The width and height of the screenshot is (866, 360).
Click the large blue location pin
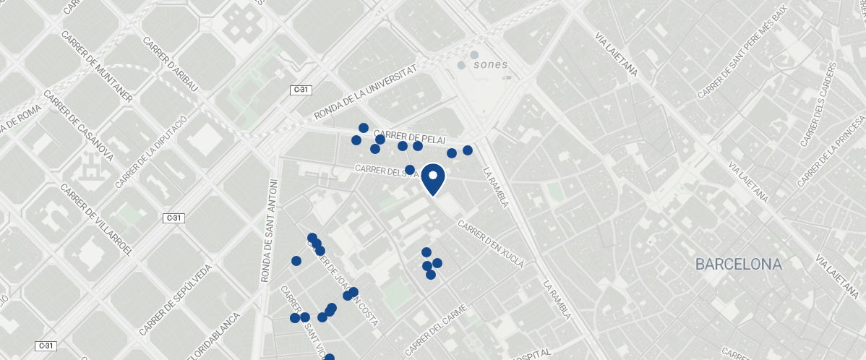click(433, 179)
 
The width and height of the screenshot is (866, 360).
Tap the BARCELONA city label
click(738, 265)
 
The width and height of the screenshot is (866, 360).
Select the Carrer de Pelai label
click(410, 137)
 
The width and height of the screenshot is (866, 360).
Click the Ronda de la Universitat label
click(366, 92)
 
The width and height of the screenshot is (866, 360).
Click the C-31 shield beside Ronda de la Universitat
click(302, 90)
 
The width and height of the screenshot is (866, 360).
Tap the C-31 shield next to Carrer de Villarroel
click(172, 218)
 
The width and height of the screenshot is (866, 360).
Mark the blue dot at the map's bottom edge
click(330, 357)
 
